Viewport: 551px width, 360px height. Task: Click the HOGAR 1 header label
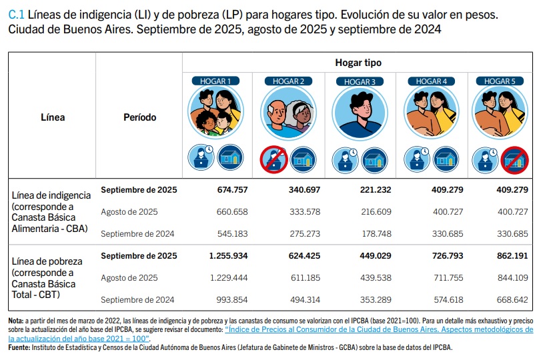coord(215,81)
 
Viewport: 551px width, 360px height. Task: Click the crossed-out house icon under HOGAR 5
coord(514,160)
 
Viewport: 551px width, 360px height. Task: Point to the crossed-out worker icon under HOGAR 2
coord(273,160)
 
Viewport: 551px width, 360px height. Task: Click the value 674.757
coord(232,190)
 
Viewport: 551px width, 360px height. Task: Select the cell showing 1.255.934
coord(228,255)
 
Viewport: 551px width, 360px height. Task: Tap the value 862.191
coord(512,255)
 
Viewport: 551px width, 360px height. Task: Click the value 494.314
coord(304,300)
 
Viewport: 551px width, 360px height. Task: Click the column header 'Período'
coord(140,117)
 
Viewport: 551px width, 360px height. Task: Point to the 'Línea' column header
coord(53,117)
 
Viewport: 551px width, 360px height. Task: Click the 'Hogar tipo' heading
coord(358,62)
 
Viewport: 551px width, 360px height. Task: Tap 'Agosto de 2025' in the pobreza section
coord(129,278)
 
